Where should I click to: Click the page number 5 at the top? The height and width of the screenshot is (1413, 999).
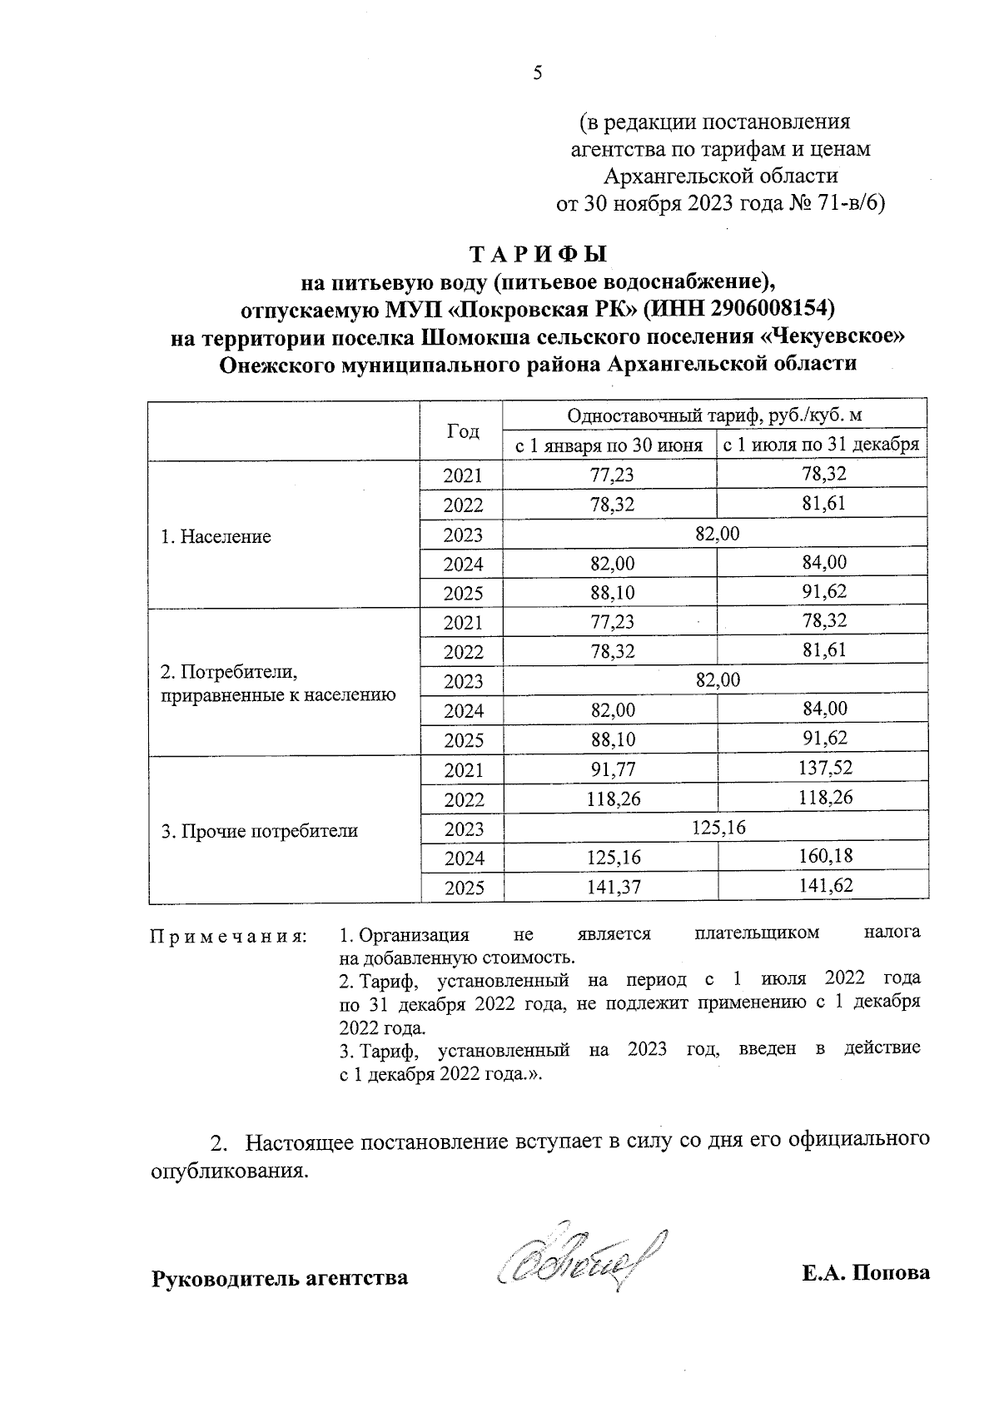(537, 73)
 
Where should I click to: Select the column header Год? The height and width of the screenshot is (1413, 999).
(463, 430)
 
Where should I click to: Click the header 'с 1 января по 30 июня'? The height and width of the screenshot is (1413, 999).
(609, 445)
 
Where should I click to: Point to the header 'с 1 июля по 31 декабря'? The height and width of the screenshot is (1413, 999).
(821, 445)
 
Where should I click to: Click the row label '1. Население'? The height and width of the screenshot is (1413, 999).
(216, 536)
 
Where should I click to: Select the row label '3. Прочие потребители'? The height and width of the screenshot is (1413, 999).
(259, 830)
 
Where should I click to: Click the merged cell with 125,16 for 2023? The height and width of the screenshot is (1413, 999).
(716, 827)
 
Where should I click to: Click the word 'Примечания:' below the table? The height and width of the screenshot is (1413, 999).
(228, 937)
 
